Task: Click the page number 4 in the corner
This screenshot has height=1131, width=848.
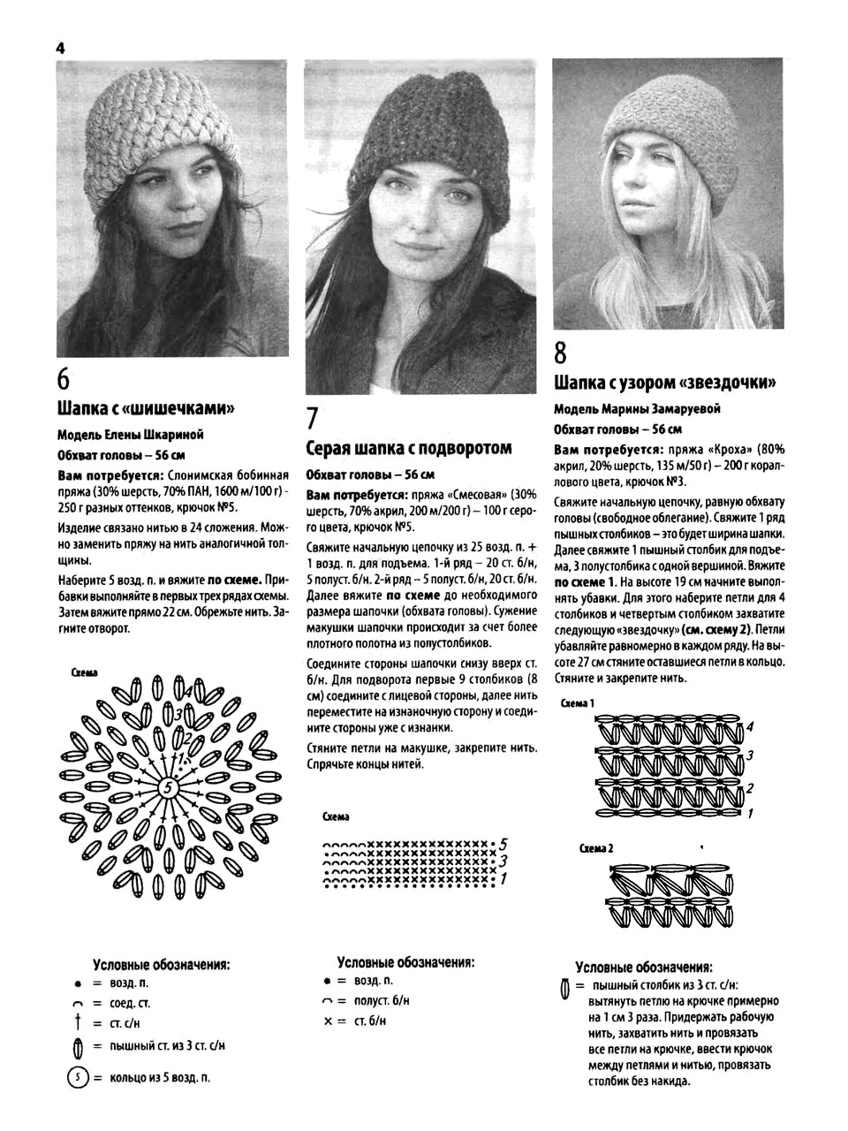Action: coord(61,49)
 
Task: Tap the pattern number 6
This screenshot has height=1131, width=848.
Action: coord(64,379)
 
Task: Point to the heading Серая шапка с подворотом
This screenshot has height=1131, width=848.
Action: coord(409,447)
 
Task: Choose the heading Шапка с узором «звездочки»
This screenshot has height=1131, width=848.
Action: coord(665,383)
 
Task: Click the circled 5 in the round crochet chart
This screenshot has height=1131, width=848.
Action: coord(167,787)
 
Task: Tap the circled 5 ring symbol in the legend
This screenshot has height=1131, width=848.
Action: coord(78,1077)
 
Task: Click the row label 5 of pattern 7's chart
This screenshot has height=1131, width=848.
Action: coord(503,843)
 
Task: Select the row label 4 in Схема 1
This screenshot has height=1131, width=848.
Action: coord(749,727)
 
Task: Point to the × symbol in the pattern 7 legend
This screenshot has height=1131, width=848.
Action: coord(329,1021)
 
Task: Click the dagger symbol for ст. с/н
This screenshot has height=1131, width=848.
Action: coord(78,1023)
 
